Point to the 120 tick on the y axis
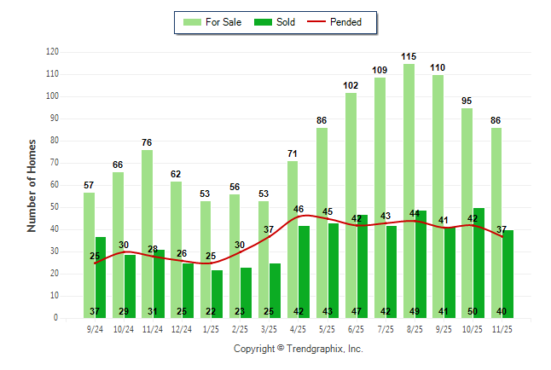tap(52, 52)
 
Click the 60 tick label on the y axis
tap(54, 185)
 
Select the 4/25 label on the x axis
tap(298, 328)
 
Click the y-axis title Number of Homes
tap(32, 185)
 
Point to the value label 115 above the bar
tap(409, 56)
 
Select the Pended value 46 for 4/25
tap(298, 209)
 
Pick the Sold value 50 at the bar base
tap(478, 311)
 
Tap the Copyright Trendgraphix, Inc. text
tap(298, 349)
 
